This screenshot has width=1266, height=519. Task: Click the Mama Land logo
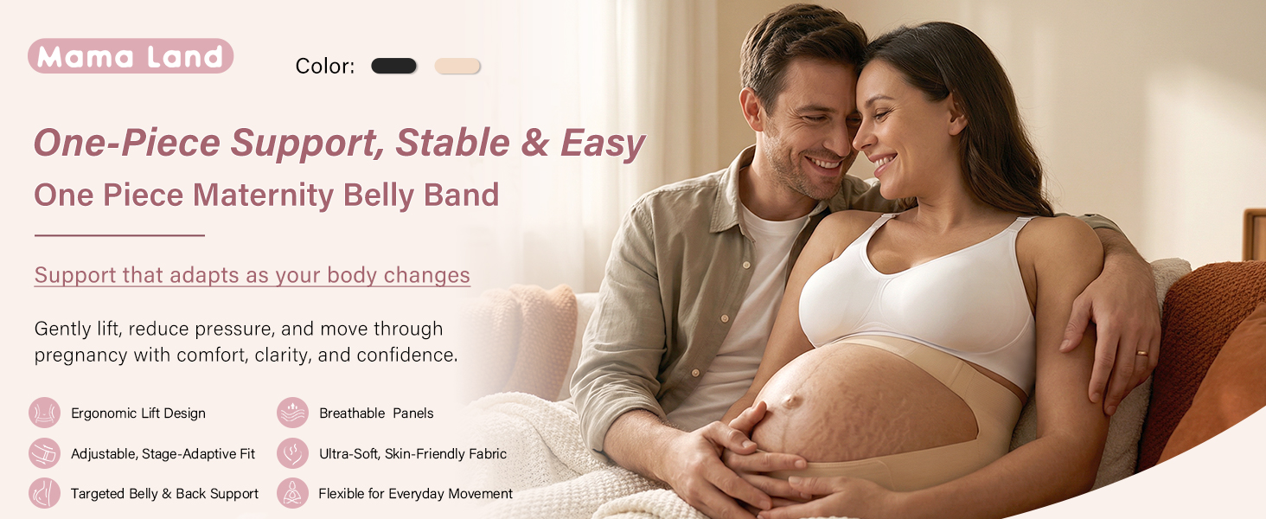[131, 56]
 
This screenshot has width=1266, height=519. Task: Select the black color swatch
[394, 66]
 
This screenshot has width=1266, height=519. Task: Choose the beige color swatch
[457, 66]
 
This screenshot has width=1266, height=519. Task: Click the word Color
[324, 66]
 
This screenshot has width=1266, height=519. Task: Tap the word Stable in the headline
[452, 143]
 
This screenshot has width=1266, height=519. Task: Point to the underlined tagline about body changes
[252, 275]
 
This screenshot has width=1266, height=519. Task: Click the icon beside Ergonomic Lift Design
[45, 413]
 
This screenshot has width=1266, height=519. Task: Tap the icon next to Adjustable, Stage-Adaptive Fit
[45, 453]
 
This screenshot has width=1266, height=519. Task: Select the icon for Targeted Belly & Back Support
[45, 493]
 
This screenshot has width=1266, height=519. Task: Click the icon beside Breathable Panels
[293, 413]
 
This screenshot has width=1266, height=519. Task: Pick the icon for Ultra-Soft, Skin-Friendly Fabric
[293, 453]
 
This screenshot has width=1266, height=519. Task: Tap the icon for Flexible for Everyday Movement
[293, 493]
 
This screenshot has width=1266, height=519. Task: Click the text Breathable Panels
[376, 413]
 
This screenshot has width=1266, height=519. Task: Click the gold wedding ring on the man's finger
[1142, 353]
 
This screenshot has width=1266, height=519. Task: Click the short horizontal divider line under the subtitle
[119, 235]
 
